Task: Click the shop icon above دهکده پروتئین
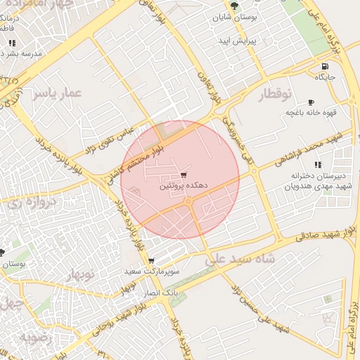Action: [184, 174]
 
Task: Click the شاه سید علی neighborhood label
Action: [236, 259]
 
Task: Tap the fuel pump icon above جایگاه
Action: [323, 67]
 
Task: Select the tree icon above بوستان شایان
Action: [234, 6]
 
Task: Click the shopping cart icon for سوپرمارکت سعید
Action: [151, 261]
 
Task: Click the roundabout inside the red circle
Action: [188, 202]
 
